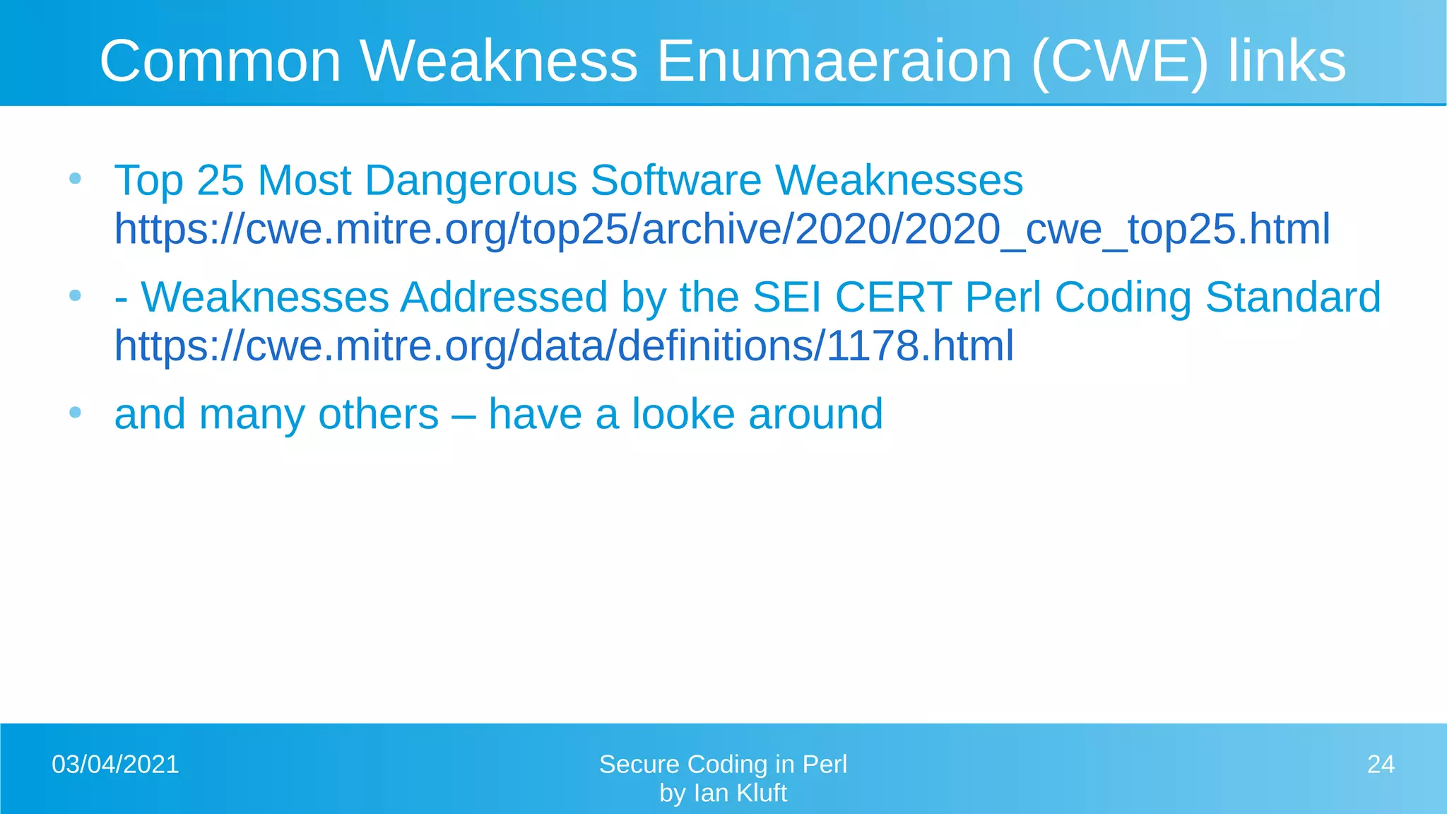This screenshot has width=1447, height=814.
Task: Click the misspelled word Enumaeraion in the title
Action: coord(834,61)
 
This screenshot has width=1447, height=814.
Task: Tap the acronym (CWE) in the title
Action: coord(1119,61)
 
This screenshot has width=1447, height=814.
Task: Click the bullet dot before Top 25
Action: coord(76,178)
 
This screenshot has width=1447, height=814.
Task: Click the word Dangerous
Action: coord(471,180)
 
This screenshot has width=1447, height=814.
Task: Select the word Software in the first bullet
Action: coord(676,180)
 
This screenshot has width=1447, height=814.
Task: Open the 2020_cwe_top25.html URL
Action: coord(722,229)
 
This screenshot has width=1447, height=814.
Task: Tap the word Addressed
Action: coord(504,297)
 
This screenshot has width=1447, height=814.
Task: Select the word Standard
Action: coord(1292,297)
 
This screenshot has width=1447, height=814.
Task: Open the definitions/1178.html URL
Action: coord(564,346)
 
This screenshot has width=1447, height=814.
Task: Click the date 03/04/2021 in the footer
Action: coord(115,765)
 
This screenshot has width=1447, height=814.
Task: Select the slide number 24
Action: coord(1381,765)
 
